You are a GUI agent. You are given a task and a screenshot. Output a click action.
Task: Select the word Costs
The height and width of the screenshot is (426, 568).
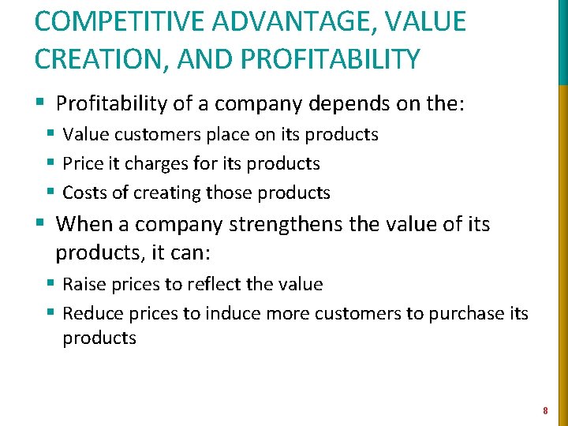pos(84,192)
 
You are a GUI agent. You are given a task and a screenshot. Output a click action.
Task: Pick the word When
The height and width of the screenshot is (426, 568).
pos(85,225)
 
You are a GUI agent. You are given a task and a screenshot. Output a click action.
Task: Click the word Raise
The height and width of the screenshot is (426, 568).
pos(84,284)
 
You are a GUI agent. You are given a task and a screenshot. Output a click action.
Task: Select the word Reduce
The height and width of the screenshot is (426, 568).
pos(90,313)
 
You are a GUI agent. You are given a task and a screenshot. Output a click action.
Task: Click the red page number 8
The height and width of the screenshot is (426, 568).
pos(544,410)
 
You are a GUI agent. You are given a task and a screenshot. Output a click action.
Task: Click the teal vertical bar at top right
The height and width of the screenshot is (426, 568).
pos(562,39)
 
